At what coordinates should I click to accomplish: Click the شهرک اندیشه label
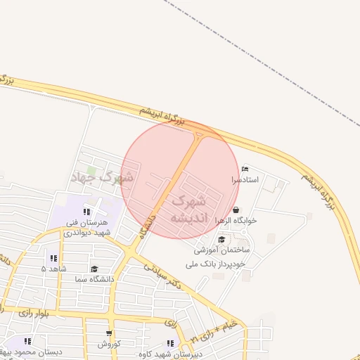pyautogui.click(x=188, y=210)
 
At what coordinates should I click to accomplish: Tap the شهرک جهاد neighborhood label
pyautogui.click(x=102, y=177)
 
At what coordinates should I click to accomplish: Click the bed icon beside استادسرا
pyautogui.click(x=244, y=169)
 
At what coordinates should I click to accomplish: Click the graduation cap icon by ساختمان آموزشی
pyautogui.click(x=222, y=240)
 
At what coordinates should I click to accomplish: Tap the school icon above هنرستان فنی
pyautogui.click(x=86, y=211)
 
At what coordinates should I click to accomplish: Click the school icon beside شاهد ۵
pyautogui.click(x=53, y=258)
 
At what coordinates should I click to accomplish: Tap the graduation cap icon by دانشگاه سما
pyautogui.click(x=94, y=269)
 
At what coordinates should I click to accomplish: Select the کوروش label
pyautogui.click(x=109, y=344)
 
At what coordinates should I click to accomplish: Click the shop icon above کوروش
pyautogui.click(x=109, y=334)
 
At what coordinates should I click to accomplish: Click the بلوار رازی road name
pyautogui.click(x=35, y=312)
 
